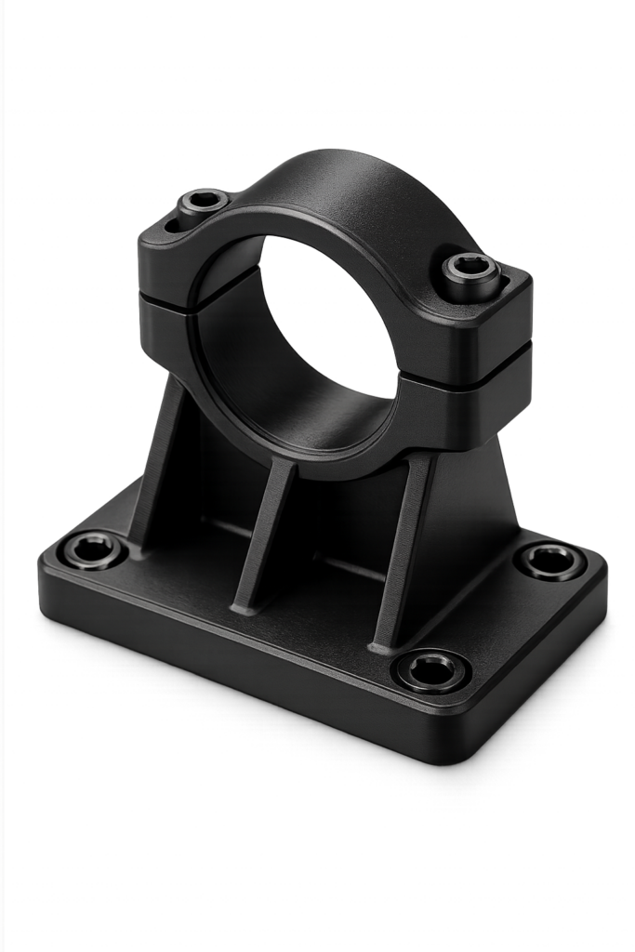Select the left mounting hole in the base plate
93,549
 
